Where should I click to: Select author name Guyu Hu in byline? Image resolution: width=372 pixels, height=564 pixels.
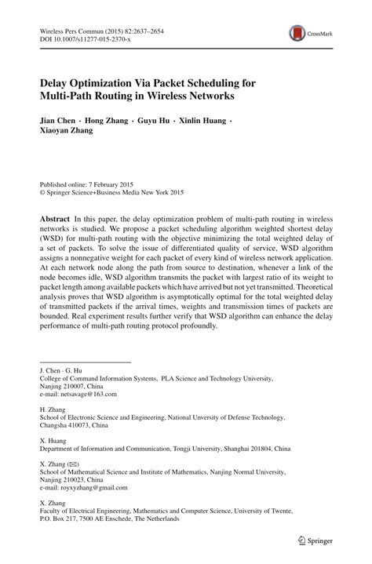coord(154,121)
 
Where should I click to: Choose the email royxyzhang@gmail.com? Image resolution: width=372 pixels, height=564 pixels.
coord(83,487)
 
